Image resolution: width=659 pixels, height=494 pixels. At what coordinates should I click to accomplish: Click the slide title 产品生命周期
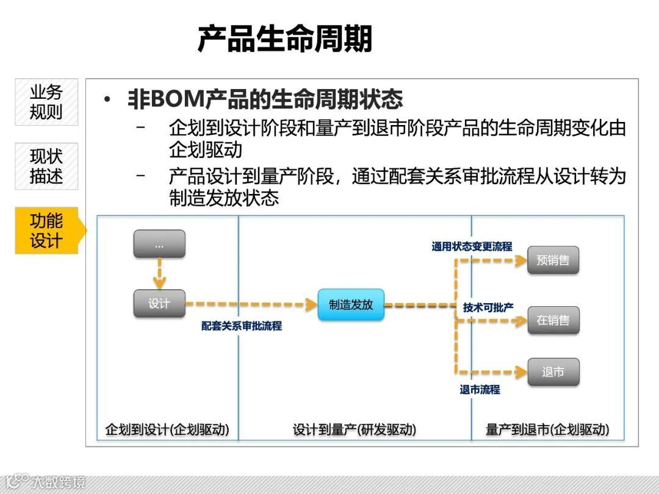284,38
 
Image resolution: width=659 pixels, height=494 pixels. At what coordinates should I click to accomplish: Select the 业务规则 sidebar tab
46,102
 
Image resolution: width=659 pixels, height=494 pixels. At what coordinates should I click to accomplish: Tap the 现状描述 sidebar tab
46,166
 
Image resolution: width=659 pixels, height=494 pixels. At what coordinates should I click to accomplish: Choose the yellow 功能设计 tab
47,231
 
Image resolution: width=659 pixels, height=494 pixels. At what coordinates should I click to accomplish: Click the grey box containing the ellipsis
159,244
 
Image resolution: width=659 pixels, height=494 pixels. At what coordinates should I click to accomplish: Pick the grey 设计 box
159,303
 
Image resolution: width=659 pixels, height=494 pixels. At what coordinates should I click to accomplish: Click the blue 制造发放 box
351,304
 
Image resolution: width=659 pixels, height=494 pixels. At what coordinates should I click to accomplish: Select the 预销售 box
553,260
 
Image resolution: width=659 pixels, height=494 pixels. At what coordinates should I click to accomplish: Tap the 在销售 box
553,320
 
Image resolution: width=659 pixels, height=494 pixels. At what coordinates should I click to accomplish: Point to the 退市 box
553,371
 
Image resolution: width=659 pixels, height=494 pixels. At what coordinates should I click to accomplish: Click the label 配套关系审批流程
242,326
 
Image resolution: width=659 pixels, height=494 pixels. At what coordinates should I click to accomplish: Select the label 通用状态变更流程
472,246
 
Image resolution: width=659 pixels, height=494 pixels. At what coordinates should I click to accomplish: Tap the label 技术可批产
488,307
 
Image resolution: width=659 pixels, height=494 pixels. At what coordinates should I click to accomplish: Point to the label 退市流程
480,389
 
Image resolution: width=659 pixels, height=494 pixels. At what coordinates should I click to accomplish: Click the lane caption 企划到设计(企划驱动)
167,429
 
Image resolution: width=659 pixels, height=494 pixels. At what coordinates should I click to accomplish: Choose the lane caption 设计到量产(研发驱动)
355,429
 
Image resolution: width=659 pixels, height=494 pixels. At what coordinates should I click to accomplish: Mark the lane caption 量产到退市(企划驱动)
547,429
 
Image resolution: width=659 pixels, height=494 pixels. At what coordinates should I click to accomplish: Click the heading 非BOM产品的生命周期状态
265,99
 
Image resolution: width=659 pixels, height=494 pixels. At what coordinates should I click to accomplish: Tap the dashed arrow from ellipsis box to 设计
159,273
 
